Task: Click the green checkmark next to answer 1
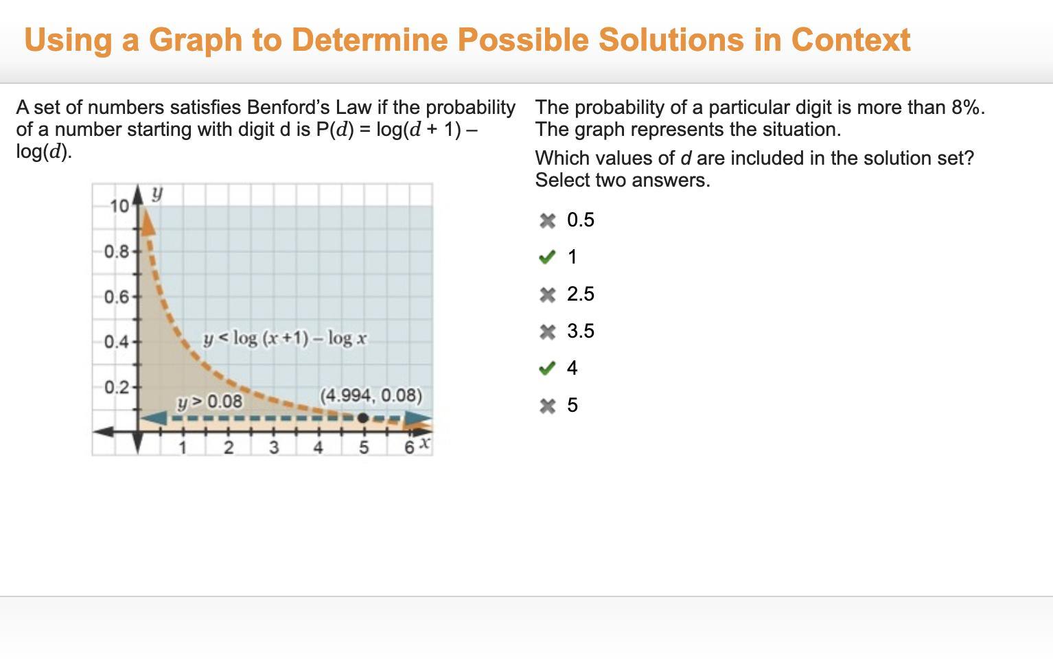pyautogui.click(x=547, y=257)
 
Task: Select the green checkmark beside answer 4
pyautogui.click(x=547, y=368)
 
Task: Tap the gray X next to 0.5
pyautogui.click(x=548, y=220)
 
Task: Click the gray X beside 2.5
pyautogui.click(x=548, y=294)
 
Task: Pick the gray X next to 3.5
pyautogui.click(x=548, y=331)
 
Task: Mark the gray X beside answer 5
pyautogui.click(x=548, y=406)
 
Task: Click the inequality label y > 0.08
pyautogui.click(x=209, y=402)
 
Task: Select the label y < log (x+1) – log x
pyautogui.click(x=284, y=338)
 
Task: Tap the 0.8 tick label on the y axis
pyautogui.click(x=116, y=253)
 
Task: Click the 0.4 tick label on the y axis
pyautogui.click(x=116, y=342)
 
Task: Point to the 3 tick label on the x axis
pyautogui.click(x=274, y=447)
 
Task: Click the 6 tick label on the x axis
pyautogui.click(x=409, y=447)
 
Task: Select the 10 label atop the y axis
pyautogui.click(x=119, y=207)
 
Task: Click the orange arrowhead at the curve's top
pyautogui.click(x=148, y=223)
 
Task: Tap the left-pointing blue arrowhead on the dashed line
pyautogui.click(x=154, y=418)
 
